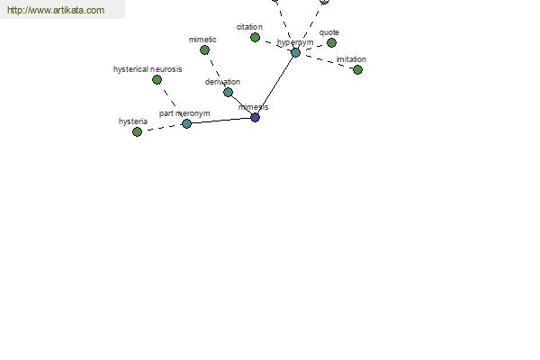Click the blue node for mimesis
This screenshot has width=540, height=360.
point(255,118)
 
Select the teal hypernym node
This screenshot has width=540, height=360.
point(295,53)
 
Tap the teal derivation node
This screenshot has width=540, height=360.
point(228,93)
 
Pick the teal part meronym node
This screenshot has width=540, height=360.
point(186,123)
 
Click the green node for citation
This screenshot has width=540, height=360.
point(255,38)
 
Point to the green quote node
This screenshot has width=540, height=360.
point(331,42)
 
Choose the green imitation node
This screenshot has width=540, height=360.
point(358,70)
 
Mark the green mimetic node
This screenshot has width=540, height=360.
point(204,50)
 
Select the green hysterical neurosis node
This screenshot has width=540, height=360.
point(157,80)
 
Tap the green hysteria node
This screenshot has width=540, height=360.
point(137,132)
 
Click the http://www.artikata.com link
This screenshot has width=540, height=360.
point(56,10)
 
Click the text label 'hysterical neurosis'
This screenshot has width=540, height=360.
point(148,69)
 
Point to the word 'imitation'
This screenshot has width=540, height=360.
point(351,59)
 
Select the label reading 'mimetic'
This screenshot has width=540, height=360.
point(202,40)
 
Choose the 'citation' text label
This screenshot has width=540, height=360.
point(249,27)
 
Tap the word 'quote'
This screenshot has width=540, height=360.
point(329,32)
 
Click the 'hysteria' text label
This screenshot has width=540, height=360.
point(133,121)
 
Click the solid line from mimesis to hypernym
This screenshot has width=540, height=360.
point(275,85)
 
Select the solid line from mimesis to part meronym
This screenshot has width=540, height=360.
point(220,121)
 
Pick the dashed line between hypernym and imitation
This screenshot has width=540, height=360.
point(327,61)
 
